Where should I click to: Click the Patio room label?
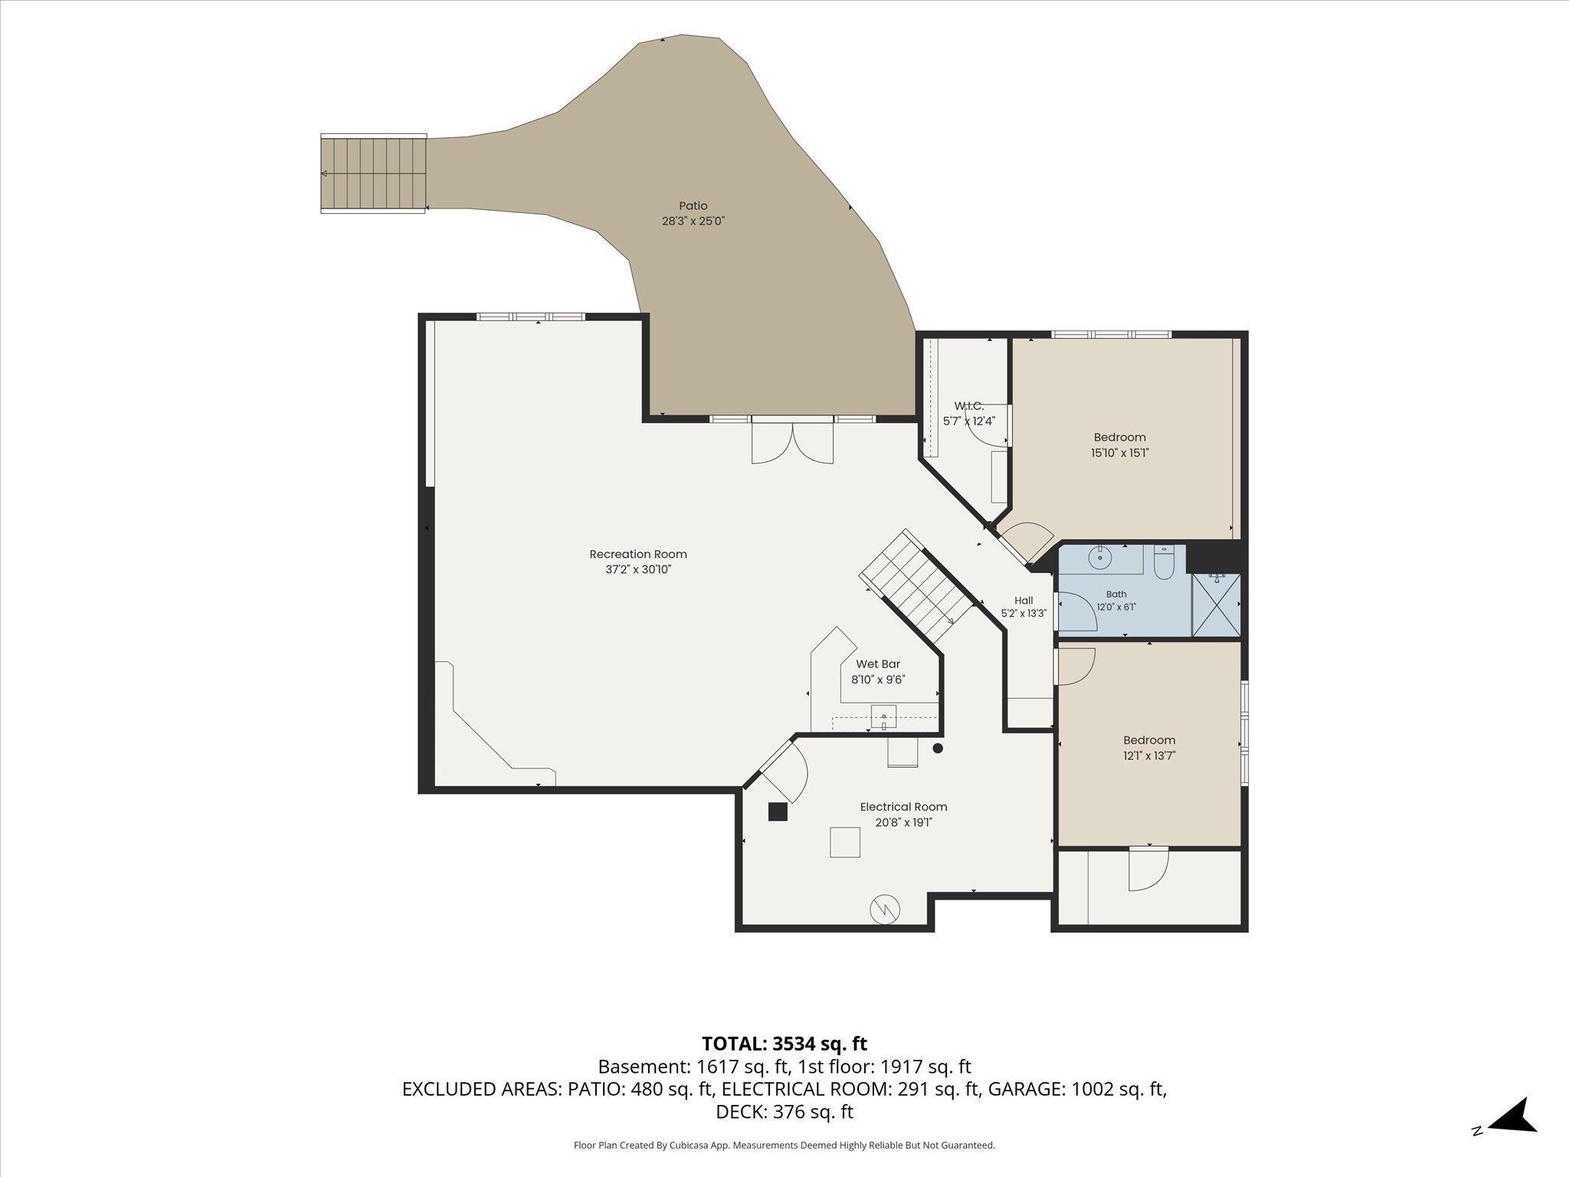(693, 205)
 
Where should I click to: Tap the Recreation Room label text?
(638, 554)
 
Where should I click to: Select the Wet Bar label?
(878, 664)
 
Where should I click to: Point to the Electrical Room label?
(903, 807)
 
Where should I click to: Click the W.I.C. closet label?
(968, 405)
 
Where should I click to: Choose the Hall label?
(1024, 601)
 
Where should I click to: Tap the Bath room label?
(1116, 594)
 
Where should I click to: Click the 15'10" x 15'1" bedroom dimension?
(1120, 453)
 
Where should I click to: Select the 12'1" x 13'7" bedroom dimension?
(1149, 756)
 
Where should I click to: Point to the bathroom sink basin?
(1100, 558)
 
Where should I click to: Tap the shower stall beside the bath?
(1217, 605)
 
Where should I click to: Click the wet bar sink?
(883, 717)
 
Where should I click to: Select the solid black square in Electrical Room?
(778, 812)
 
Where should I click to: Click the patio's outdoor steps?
(373, 174)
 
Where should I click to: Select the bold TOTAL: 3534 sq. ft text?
(784, 1044)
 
